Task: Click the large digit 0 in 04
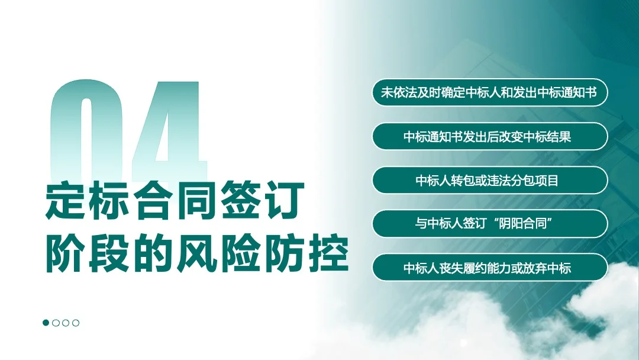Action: pyautogui.click(x=88, y=127)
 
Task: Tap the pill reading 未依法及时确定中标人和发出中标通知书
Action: pyautogui.click(x=490, y=93)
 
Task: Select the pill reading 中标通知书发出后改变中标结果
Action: pyautogui.click(x=490, y=136)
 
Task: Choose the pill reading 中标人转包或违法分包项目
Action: pyautogui.click(x=490, y=180)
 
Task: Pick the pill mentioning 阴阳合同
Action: pyautogui.click(x=490, y=224)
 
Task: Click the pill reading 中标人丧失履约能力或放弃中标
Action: pyautogui.click(x=490, y=268)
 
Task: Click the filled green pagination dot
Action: pyautogui.click(x=46, y=323)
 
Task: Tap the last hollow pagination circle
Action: pyautogui.click(x=76, y=323)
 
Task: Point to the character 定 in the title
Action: pyautogui.click(x=65, y=202)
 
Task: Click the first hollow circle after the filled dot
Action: pyautogui.click(x=56, y=323)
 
